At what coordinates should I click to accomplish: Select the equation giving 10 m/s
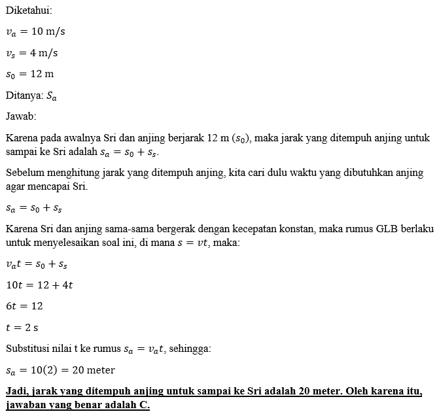35,32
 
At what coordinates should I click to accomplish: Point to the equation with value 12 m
29,74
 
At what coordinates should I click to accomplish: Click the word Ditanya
24,95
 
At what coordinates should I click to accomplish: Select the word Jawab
20,116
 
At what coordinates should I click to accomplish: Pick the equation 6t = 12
24,306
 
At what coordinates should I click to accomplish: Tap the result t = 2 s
22,327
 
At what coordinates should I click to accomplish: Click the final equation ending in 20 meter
60,370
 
